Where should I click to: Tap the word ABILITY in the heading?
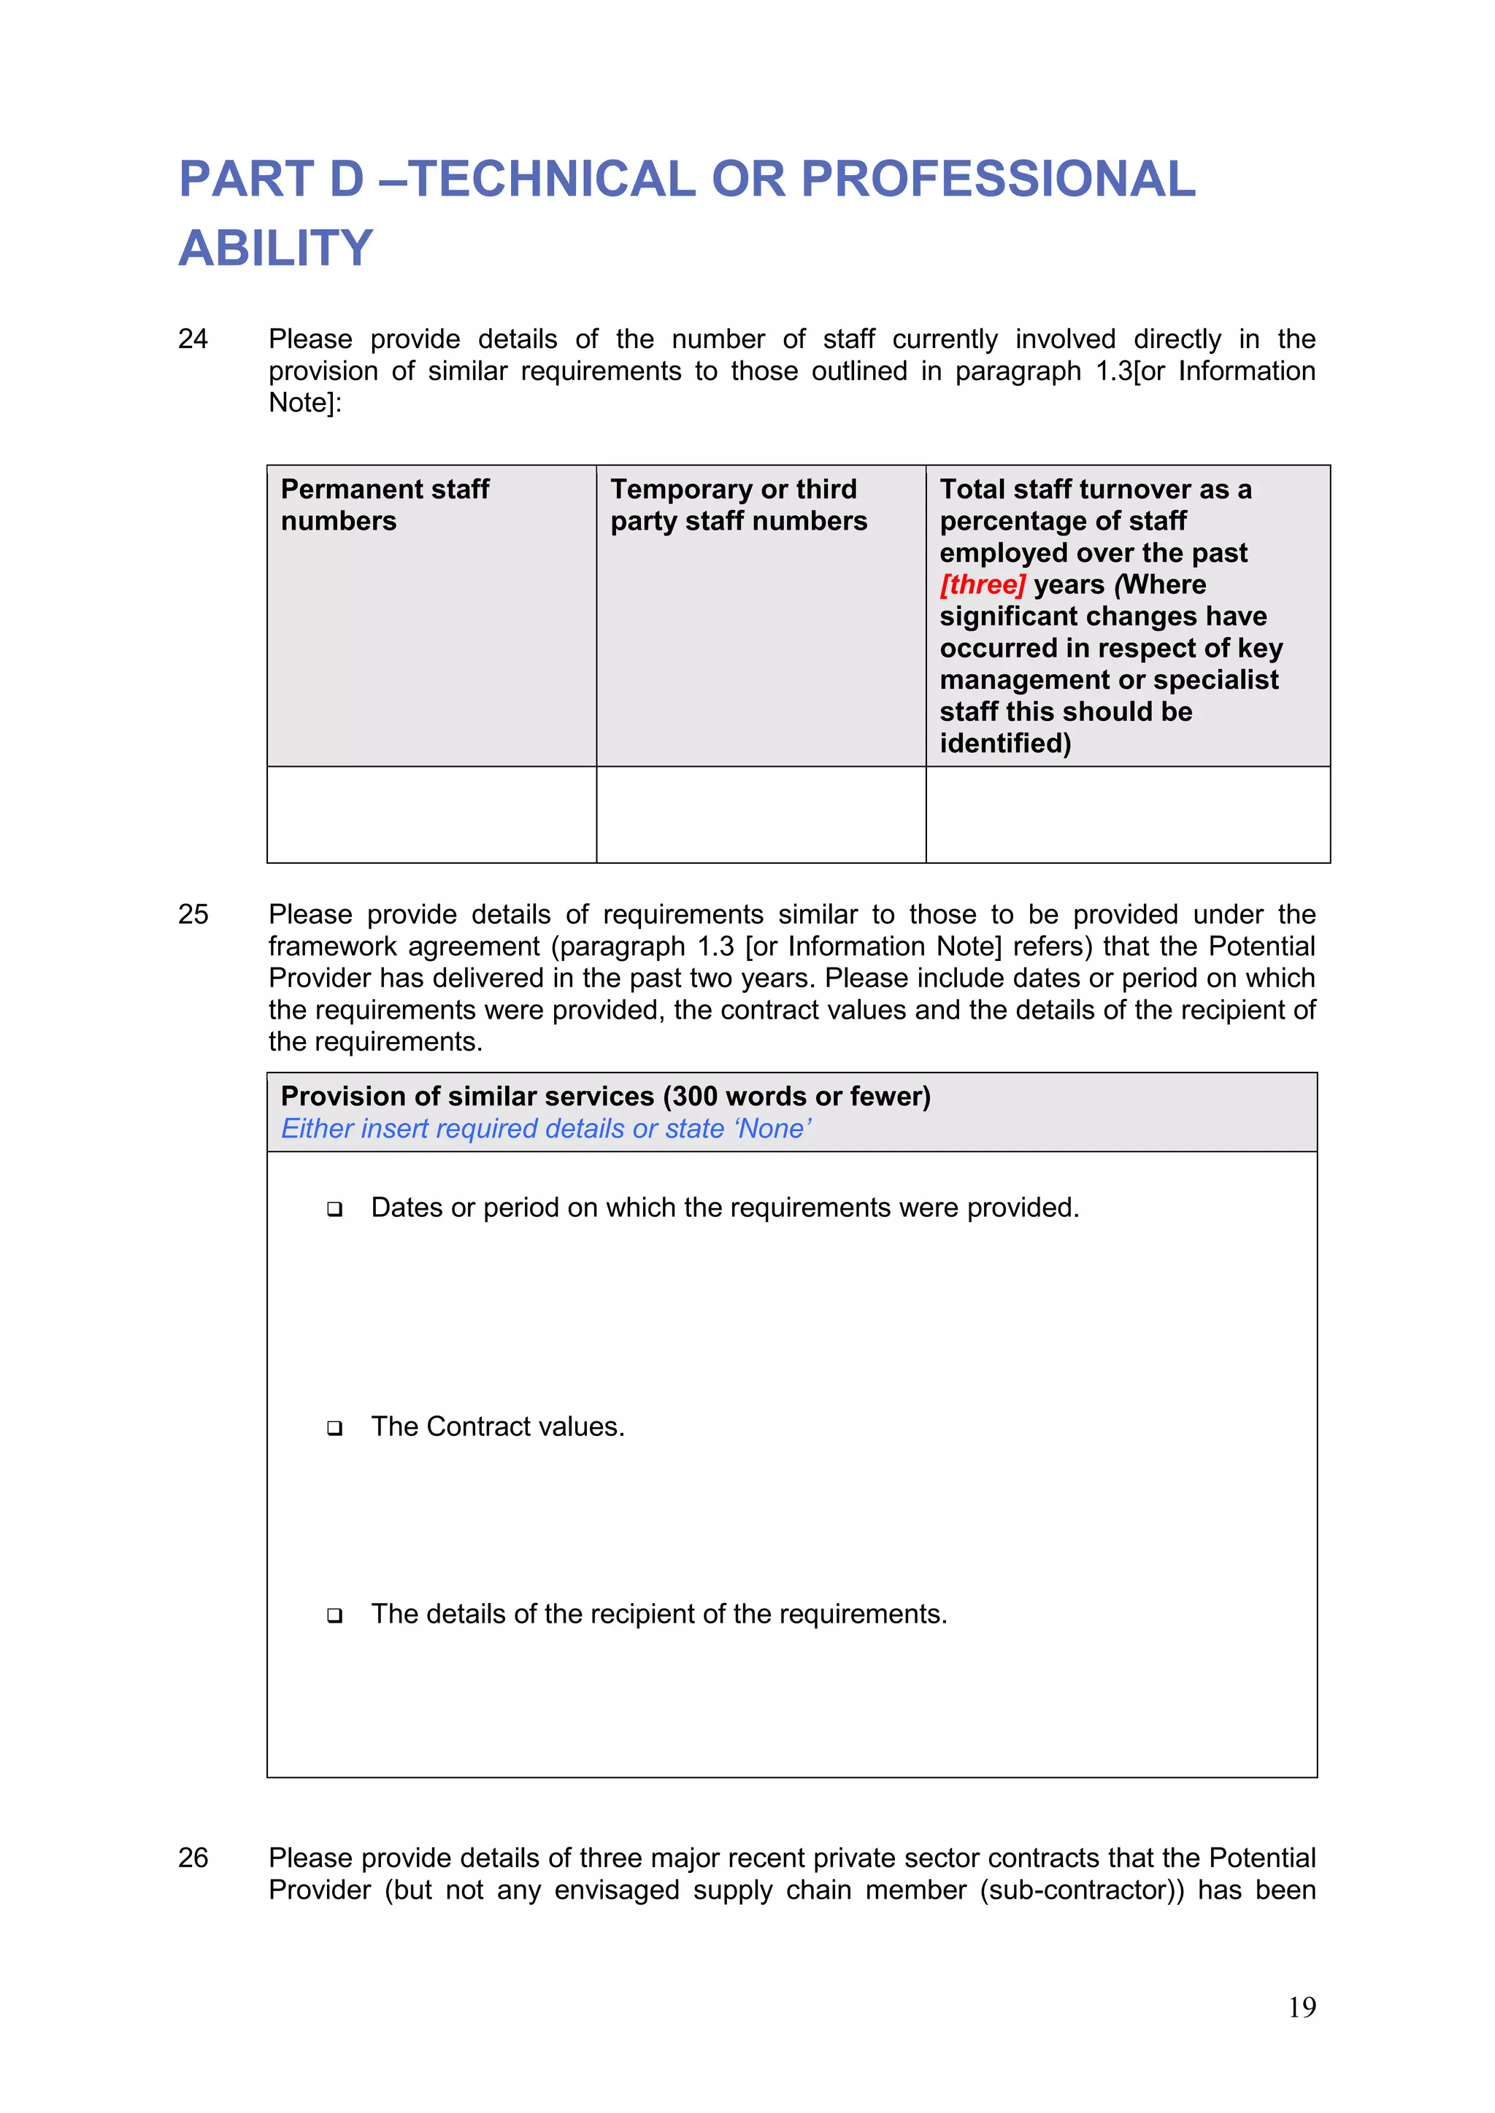point(275,249)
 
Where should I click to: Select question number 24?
point(193,339)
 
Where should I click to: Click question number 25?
point(193,915)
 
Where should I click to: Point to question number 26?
point(193,1858)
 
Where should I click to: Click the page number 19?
point(1302,2007)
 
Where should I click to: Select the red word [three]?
point(983,584)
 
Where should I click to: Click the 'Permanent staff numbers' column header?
point(385,504)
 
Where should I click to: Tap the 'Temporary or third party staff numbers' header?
point(738,504)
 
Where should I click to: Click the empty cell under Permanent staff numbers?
point(431,814)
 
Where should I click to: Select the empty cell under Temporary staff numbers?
point(761,814)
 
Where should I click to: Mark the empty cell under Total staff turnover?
point(1128,814)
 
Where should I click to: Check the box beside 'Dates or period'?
point(335,1209)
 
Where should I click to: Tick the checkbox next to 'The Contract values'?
point(335,1429)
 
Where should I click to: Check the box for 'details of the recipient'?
point(335,1615)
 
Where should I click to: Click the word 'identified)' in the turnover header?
point(1005,743)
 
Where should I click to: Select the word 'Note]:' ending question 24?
point(304,403)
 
